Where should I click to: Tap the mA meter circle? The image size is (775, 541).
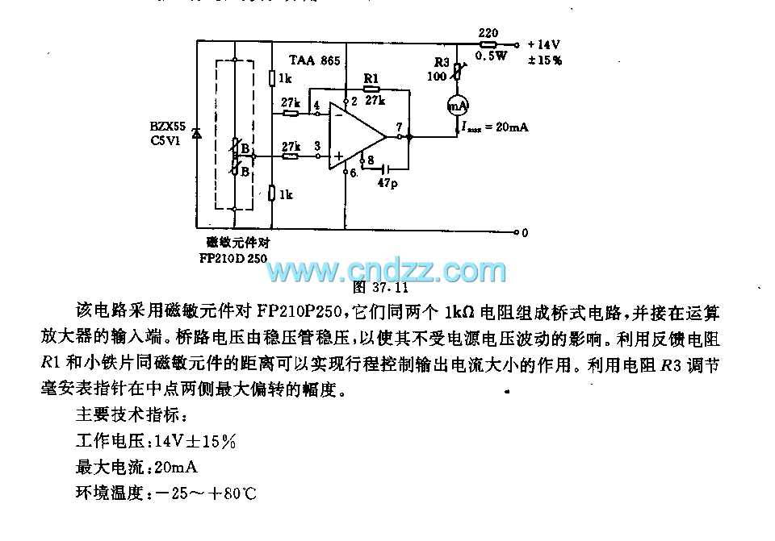(x=458, y=106)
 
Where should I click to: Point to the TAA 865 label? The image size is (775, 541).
(x=315, y=60)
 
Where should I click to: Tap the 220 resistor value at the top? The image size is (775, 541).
(x=488, y=33)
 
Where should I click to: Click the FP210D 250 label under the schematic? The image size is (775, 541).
(x=233, y=258)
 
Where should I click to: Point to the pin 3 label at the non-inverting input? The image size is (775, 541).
(x=316, y=145)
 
